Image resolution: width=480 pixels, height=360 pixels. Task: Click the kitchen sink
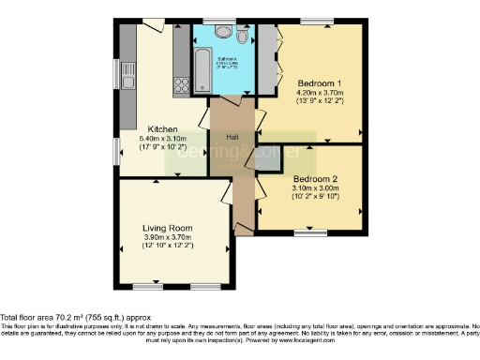tap(127, 85)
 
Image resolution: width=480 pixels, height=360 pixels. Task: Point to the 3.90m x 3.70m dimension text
tap(167, 237)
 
